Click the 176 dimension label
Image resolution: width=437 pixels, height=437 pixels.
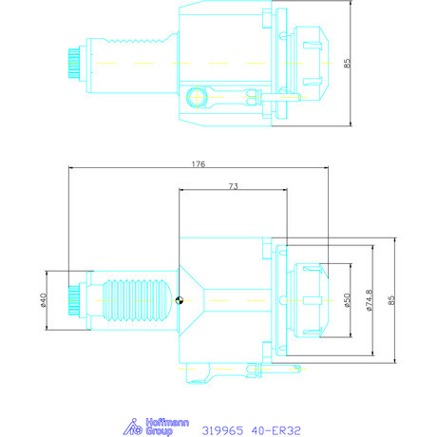[199, 164]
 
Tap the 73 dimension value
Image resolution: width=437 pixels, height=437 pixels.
[234, 186]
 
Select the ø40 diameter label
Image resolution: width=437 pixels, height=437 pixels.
[44, 300]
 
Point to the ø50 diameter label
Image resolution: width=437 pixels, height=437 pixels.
[348, 300]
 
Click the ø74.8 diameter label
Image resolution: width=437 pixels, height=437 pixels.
[370, 300]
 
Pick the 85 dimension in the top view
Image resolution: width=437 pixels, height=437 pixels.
[348, 63]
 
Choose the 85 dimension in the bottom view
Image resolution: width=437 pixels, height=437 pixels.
[391, 300]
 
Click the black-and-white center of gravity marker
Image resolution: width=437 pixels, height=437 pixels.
[180, 300]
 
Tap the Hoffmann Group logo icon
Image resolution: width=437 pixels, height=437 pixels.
[133, 427]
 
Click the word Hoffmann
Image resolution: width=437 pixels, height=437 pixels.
[167, 423]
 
